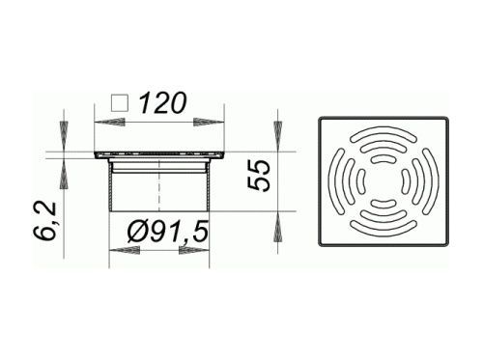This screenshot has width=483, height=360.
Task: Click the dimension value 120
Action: tap(163, 103)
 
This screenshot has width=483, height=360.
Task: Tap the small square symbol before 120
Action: tap(120, 103)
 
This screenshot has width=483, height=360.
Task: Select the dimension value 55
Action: tap(259, 176)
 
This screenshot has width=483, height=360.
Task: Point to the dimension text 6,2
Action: tap(45, 221)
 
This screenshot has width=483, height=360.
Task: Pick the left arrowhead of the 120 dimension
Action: tap(109, 123)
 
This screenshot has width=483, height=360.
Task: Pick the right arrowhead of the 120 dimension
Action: tap(209, 123)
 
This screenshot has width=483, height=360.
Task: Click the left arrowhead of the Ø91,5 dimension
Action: tap(125, 251)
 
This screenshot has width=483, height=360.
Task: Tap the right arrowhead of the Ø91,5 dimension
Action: tap(194, 251)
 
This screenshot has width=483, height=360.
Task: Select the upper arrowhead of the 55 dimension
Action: tap(277, 136)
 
